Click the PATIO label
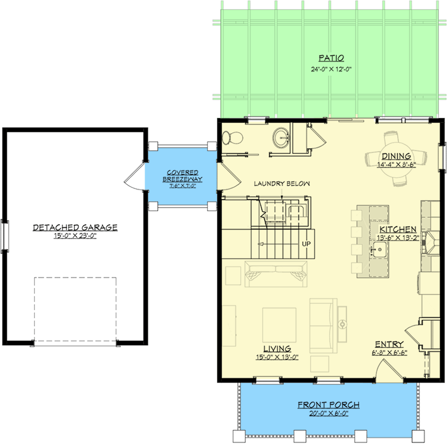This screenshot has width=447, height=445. point(331,58)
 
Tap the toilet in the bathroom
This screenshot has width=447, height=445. point(232,138)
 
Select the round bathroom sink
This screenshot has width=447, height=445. point(282,138)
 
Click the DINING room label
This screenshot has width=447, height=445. point(396,156)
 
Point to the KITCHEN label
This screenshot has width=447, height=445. point(398,229)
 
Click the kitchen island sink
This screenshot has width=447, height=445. point(380,250)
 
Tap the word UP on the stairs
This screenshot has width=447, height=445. point(306,244)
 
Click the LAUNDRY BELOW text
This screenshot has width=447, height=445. point(282,183)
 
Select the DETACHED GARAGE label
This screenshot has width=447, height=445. point(75,228)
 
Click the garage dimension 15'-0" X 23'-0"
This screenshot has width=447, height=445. point(75,236)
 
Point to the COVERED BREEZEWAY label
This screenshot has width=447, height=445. point(183,176)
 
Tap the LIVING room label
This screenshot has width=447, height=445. point(277,349)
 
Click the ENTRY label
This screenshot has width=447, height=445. point(389,344)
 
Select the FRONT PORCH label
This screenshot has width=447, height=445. point(329,405)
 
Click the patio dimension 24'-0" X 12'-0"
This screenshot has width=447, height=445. point(331,69)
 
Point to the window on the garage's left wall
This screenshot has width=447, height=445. point(5,235)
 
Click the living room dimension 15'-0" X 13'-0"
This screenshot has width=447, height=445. point(277,357)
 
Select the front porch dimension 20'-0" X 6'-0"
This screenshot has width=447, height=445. point(329,413)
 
